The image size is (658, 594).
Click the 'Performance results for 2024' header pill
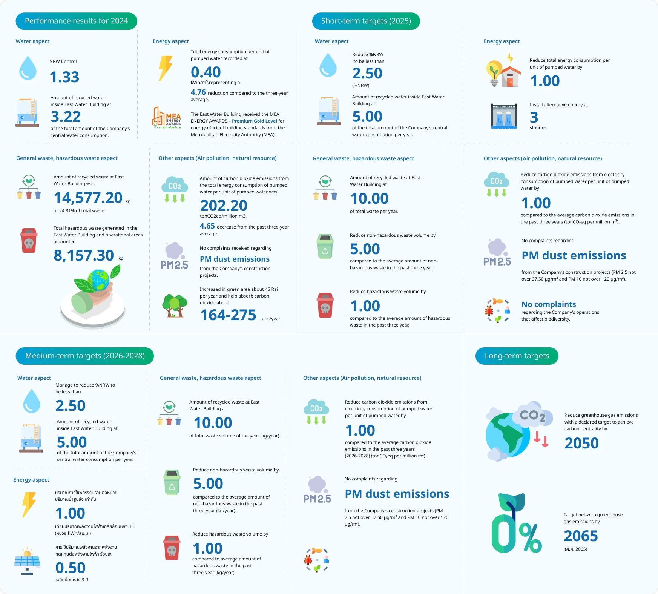tap(76, 21)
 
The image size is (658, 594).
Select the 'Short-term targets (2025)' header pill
tap(366, 21)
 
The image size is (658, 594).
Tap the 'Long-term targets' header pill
tap(517, 356)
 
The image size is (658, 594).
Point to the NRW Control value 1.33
tap(64, 77)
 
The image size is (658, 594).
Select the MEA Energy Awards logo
tap(166, 118)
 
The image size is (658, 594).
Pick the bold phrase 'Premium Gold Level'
tap(255, 121)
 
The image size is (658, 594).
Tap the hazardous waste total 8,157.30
tap(84, 256)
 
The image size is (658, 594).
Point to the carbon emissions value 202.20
tap(224, 206)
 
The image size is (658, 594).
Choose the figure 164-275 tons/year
tap(228, 315)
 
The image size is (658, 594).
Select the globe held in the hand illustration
tap(99, 279)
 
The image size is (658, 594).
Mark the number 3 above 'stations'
tap(534, 118)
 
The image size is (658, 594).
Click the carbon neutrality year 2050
tap(581, 444)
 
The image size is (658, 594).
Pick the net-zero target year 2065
tap(581, 536)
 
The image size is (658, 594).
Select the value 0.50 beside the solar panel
tap(71, 568)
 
